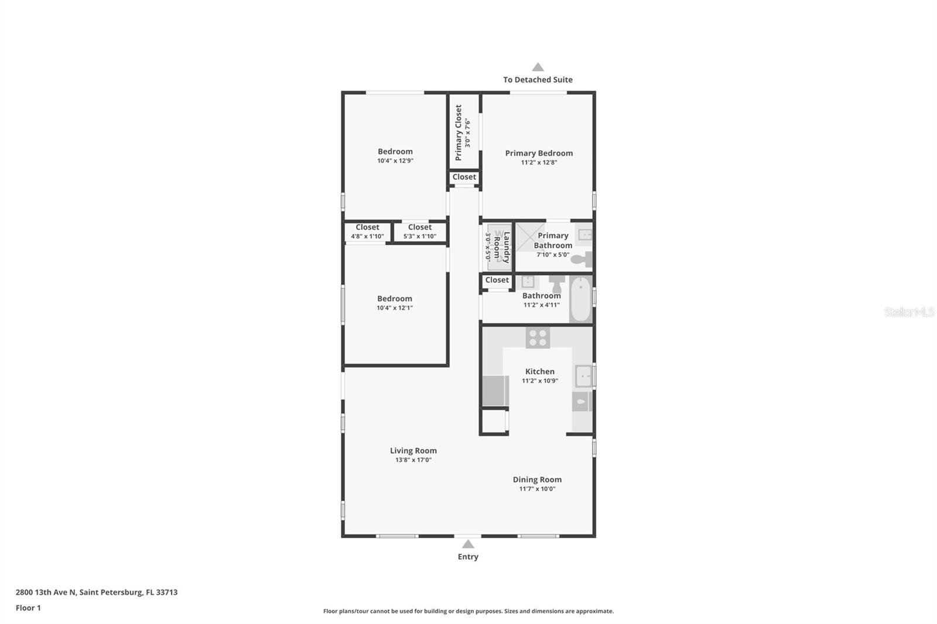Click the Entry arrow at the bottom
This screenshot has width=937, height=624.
(x=468, y=544)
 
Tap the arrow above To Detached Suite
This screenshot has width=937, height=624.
(x=538, y=67)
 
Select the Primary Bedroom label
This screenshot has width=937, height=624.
(x=539, y=153)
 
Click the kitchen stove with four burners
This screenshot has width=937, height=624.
(x=538, y=337)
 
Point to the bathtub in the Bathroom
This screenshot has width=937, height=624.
(x=580, y=299)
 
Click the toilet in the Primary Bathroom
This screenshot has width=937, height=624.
(x=582, y=259)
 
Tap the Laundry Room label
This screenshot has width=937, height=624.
(x=502, y=247)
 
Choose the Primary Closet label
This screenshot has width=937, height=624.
(x=459, y=133)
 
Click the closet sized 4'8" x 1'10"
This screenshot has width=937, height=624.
(x=367, y=232)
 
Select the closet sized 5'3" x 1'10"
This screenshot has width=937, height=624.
(x=419, y=232)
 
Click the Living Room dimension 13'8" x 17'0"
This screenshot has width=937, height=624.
(x=413, y=460)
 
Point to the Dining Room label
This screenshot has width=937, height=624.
(x=537, y=479)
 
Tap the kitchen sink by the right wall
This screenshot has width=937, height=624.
(x=583, y=376)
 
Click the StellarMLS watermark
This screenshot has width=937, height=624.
(x=909, y=312)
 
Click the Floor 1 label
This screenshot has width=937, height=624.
(x=28, y=608)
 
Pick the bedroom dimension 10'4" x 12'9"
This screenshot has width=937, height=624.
(x=395, y=160)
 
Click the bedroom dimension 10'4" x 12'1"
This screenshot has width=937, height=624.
(x=395, y=308)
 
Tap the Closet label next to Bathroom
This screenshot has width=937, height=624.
(x=497, y=280)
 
